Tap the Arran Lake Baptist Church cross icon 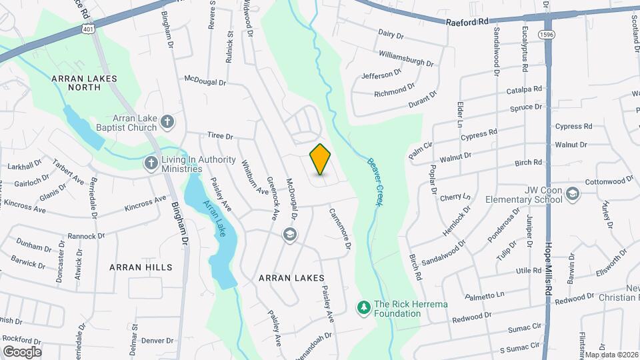coord(167,122)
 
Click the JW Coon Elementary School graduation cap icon coord(572,193)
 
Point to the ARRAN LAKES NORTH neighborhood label coord(84,83)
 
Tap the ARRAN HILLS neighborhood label coord(141,267)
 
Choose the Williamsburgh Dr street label coord(405,58)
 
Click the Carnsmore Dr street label coord(339,228)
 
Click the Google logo coord(22,351)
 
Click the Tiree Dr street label coord(220,136)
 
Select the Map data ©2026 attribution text coord(611,355)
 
